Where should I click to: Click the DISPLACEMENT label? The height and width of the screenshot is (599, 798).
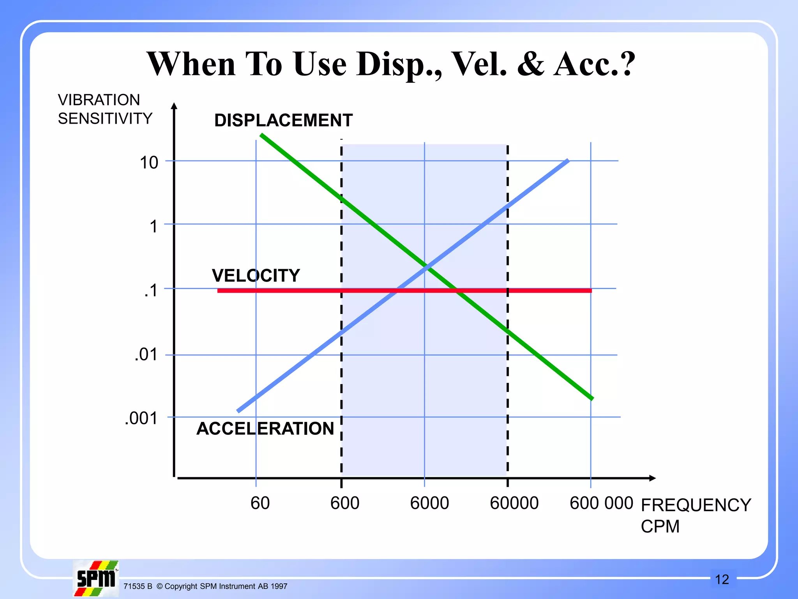(283, 120)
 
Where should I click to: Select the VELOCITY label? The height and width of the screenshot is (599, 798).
(256, 276)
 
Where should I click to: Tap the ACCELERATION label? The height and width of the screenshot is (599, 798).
(265, 429)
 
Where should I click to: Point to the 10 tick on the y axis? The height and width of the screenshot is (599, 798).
(149, 163)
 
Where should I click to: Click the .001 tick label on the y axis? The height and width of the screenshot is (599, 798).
(141, 418)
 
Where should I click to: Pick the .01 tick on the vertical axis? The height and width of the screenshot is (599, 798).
(146, 354)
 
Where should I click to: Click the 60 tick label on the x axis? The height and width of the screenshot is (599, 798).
(260, 503)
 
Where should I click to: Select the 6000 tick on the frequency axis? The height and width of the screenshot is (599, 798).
(429, 503)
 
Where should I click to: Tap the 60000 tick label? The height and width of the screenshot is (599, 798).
(514, 503)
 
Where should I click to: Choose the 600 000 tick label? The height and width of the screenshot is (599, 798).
(601, 503)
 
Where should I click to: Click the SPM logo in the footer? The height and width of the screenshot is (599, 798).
(96, 579)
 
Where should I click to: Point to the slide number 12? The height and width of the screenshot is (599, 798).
(722, 580)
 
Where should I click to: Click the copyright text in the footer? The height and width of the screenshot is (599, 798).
(205, 586)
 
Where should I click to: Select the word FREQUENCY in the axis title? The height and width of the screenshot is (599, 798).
(696, 505)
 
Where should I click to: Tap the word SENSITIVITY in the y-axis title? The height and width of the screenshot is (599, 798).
(105, 119)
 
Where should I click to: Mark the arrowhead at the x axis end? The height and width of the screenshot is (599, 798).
(653, 478)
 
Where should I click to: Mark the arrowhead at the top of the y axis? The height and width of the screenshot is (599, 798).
(174, 106)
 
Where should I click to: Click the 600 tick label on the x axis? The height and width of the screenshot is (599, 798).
(345, 503)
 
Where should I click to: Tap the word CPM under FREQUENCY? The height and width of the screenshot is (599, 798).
(660, 526)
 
